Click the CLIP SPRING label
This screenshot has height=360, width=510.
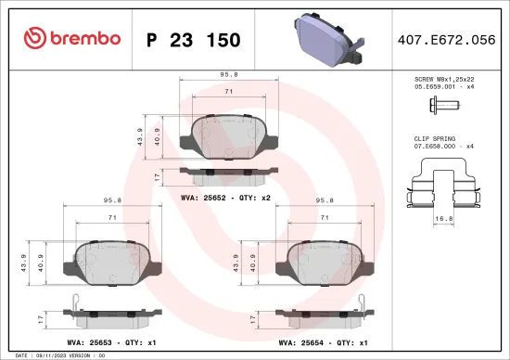click(x=436, y=138)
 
